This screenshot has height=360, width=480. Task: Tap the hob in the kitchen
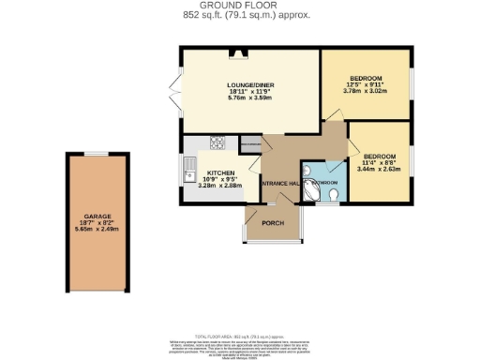(x=217, y=144)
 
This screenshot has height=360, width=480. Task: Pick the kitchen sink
(x=189, y=172)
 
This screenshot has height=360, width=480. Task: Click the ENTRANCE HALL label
(x=280, y=182)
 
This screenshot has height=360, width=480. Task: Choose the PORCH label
(x=274, y=222)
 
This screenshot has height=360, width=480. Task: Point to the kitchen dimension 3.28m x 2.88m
(x=224, y=186)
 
